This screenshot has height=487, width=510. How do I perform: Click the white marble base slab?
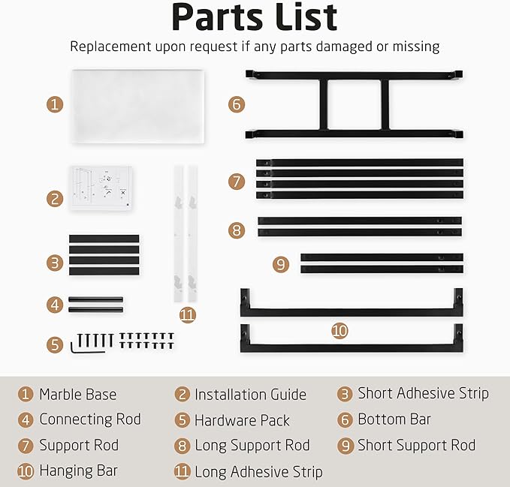click(x=138, y=107)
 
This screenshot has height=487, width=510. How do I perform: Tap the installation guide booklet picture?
click(x=101, y=188)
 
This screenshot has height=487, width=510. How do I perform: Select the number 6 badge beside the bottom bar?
click(x=237, y=104)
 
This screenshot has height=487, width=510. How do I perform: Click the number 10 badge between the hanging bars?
click(x=339, y=331)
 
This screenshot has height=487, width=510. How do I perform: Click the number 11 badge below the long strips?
click(x=188, y=315)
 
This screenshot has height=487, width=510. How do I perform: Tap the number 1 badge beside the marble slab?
click(x=55, y=104)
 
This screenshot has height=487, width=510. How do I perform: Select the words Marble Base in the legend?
click(x=77, y=395)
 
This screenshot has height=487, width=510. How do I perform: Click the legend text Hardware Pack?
click(x=242, y=420)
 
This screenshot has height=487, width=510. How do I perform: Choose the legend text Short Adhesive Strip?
click(x=423, y=393)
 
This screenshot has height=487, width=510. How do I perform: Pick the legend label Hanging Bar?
click(x=78, y=470)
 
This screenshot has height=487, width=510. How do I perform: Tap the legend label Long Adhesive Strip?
click(x=258, y=472)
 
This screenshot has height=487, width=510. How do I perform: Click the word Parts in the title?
click(x=217, y=17)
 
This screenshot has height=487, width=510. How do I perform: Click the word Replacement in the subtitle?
click(x=110, y=47)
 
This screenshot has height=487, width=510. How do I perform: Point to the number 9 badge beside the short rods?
click(x=281, y=264)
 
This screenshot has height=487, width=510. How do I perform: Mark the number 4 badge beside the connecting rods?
click(x=55, y=305)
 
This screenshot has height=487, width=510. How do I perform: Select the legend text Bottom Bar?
click(x=394, y=419)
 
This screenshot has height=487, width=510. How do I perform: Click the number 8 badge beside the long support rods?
click(x=237, y=230)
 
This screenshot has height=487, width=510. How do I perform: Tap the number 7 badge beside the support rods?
click(x=237, y=182)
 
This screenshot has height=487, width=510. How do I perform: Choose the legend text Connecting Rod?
click(x=90, y=419)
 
